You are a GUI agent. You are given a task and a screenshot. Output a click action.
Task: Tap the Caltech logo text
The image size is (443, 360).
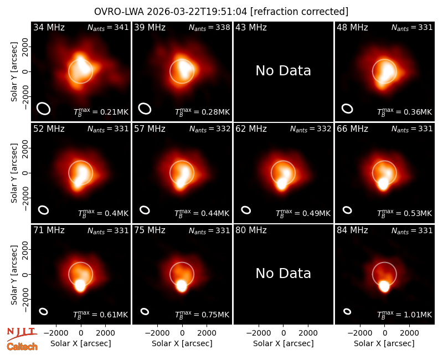click(22, 347)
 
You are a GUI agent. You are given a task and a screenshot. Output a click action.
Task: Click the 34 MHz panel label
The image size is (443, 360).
click(49, 27)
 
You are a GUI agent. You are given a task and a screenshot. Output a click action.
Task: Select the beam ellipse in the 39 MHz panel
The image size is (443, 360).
click(145, 109)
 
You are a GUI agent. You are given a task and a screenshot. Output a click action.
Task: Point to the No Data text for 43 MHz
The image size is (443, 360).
click(283, 71)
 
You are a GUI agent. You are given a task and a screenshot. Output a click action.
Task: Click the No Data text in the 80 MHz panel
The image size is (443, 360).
click(283, 273)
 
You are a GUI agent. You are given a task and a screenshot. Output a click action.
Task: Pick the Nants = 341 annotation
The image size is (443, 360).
click(108, 27)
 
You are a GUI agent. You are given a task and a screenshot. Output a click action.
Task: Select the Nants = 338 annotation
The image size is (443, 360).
click(209, 27)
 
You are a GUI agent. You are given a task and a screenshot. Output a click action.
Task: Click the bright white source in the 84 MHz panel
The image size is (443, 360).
click(384, 286)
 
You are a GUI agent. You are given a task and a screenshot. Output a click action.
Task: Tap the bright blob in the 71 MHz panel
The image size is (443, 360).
click(80, 285)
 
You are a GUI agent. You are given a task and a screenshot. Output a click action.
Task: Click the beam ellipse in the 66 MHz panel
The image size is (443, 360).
click(347, 210)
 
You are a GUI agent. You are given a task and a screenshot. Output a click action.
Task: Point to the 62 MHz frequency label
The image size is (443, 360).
click(251, 129)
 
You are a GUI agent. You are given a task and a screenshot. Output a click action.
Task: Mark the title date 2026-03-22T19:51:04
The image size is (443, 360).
click(197, 12)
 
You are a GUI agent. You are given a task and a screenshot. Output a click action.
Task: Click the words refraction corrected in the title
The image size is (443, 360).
click(299, 12)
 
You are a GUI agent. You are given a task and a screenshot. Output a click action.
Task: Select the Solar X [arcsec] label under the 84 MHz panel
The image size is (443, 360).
click(384, 343)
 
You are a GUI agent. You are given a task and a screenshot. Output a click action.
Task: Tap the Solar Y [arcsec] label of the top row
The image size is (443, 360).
click(14, 72)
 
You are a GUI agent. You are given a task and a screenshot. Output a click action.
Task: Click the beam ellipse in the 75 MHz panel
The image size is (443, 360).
click(145, 311)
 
